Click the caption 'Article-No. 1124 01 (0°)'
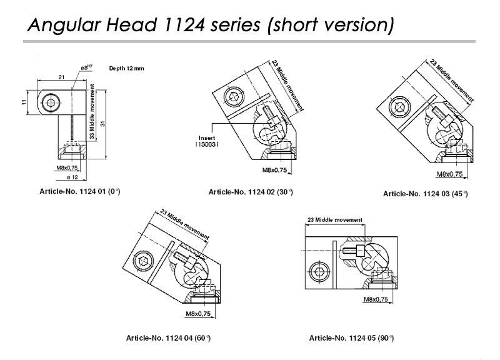[x=79, y=191]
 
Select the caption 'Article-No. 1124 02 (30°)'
[x=251, y=192]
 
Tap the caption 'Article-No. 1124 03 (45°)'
[x=425, y=194]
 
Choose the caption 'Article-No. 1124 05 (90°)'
[x=351, y=338]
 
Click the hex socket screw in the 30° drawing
[x=234, y=97]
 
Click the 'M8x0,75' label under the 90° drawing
[x=377, y=300]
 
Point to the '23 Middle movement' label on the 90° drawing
[x=335, y=220]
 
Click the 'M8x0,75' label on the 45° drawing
[x=449, y=174]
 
